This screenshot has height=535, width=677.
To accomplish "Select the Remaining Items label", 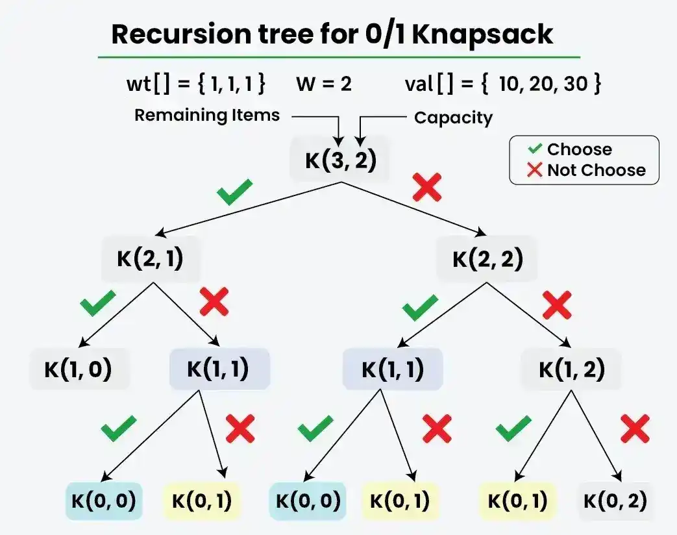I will click(207, 116).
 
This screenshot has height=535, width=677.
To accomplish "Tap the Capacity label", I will click(453, 118).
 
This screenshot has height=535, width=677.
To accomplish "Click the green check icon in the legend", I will click(535, 149).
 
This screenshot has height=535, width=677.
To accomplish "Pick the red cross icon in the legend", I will click(535, 170).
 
